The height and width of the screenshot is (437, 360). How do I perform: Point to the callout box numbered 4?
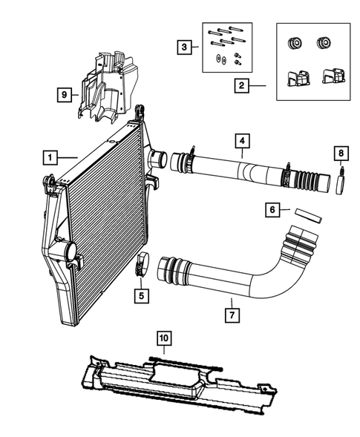tap(242, 140)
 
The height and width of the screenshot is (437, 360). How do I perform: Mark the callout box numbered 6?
tap(272, 211)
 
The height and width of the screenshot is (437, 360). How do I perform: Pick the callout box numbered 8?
tap(341, 154)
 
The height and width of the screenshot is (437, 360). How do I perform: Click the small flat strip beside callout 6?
tap(307, 215)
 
